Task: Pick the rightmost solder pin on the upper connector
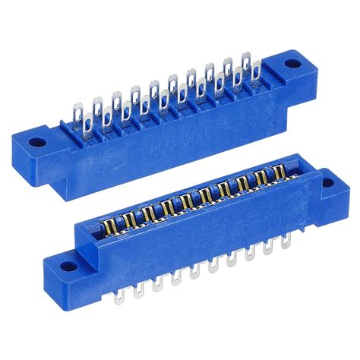[x=247, y=64]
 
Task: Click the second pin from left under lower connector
[x=137, y=286]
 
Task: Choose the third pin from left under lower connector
[x=156, y=280]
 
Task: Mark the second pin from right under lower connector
[x=268, y=248]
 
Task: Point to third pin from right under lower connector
[x=250, y=254]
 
